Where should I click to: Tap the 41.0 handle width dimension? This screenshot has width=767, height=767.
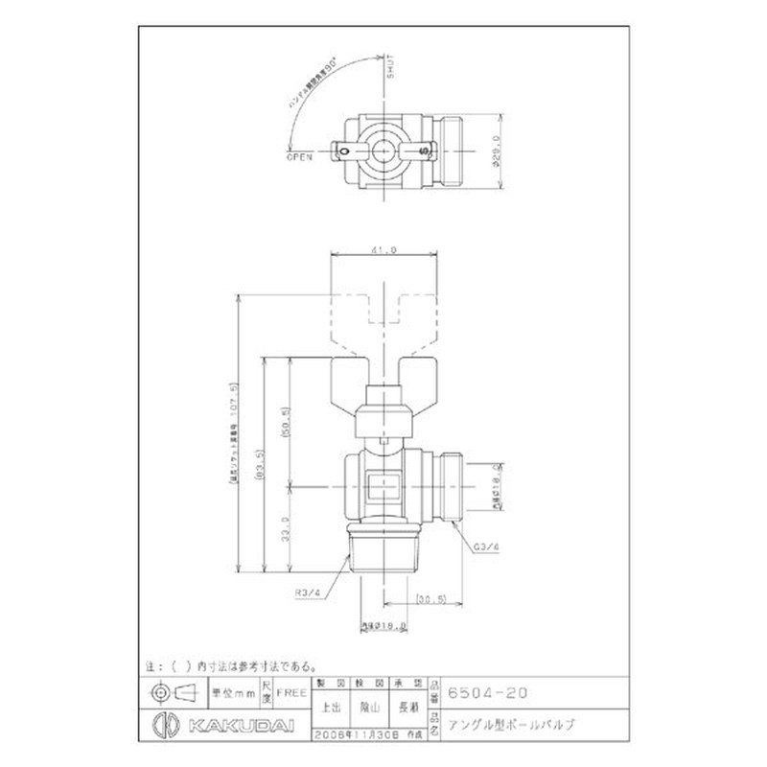pos(383,249)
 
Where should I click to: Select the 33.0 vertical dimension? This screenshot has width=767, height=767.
pos(286,528)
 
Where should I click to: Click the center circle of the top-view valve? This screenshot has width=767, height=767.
pos(383,151)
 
